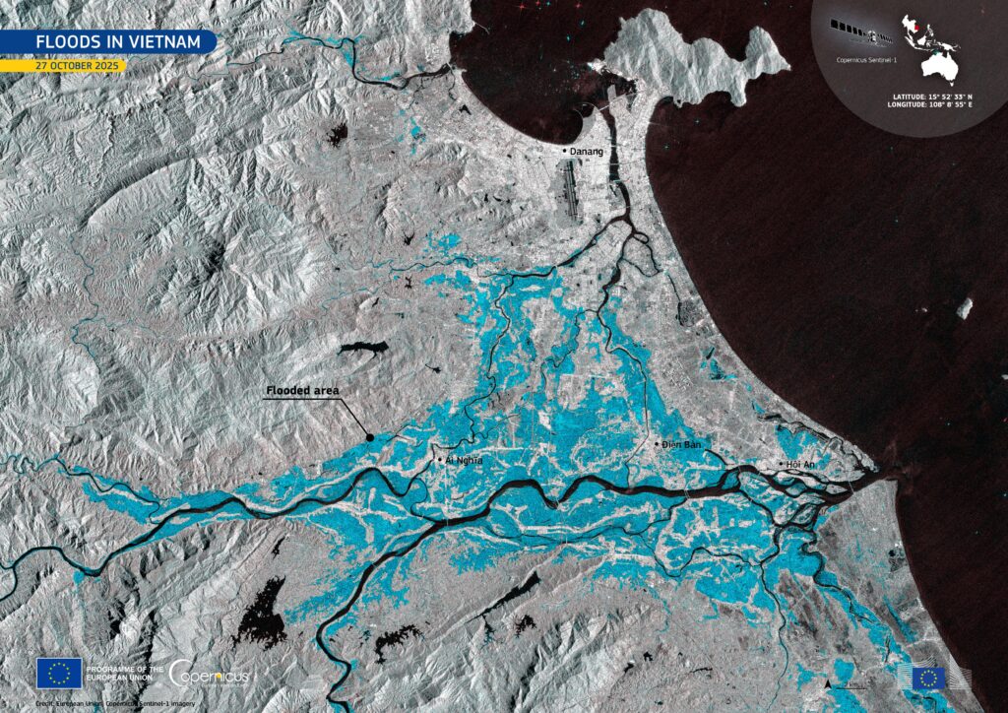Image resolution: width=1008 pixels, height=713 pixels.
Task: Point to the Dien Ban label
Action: pos(681,445)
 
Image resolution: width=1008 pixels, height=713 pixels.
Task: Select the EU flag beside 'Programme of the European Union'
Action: pos(59,674)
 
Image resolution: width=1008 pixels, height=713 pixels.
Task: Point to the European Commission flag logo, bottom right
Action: pos(927,678)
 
